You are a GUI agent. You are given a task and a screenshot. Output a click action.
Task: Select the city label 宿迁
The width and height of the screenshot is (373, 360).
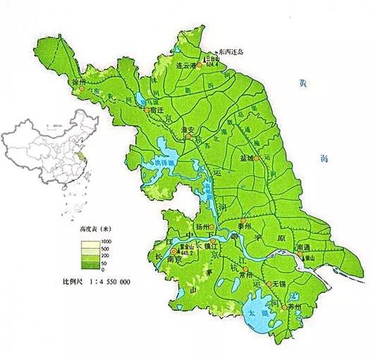coord(156,108)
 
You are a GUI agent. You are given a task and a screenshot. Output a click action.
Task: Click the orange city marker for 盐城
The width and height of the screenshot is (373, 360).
coord(256,159)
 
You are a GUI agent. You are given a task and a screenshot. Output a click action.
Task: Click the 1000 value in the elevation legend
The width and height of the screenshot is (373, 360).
coord(107,242)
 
